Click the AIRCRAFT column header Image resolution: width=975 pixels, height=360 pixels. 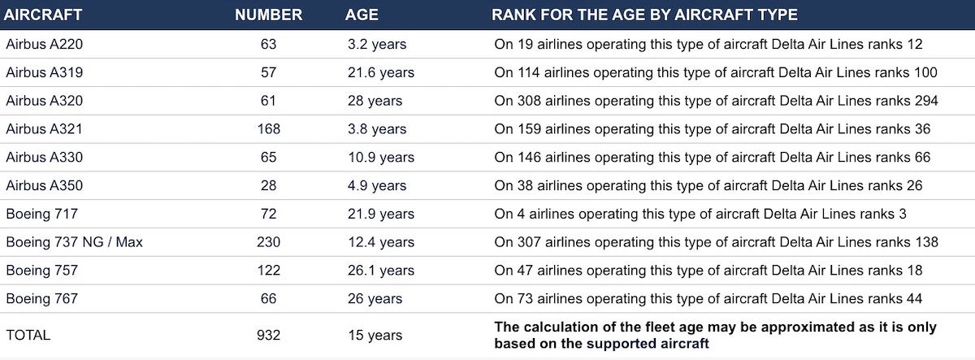42,15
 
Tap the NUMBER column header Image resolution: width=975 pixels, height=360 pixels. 269,15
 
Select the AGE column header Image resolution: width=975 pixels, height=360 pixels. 362,15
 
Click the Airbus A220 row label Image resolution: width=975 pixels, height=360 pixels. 45,44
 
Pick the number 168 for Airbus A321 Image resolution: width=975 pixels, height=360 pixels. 269,129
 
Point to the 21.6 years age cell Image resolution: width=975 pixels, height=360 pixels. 381,72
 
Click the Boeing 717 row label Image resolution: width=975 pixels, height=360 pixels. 41,214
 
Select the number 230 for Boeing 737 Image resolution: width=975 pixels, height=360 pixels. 269,242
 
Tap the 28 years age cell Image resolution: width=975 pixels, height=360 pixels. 375,101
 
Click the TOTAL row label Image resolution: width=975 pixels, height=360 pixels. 28,335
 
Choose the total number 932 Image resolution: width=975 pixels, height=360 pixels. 269,335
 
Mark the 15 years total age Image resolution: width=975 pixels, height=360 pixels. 375,335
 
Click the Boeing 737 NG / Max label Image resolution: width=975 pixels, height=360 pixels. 75,242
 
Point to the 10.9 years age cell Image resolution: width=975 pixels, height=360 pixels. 381,157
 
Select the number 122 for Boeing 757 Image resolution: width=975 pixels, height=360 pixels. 269,271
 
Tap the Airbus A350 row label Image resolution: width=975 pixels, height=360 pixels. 45,185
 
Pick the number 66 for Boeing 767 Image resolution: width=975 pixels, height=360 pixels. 269,298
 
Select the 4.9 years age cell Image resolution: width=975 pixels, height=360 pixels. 377,185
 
